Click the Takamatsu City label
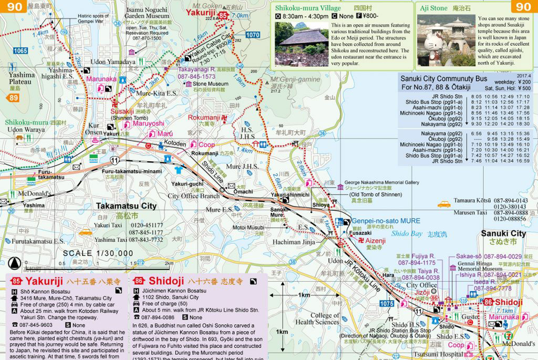pos(126,206)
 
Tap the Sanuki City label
pos(503,233)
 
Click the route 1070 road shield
pos(253,35)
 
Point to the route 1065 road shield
pos(20,51)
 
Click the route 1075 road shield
pos(386,304)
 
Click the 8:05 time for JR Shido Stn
pos(476,97)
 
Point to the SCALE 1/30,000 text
pos(98,253)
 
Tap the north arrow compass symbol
pos(15,263)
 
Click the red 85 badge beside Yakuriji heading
pos(16,281)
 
